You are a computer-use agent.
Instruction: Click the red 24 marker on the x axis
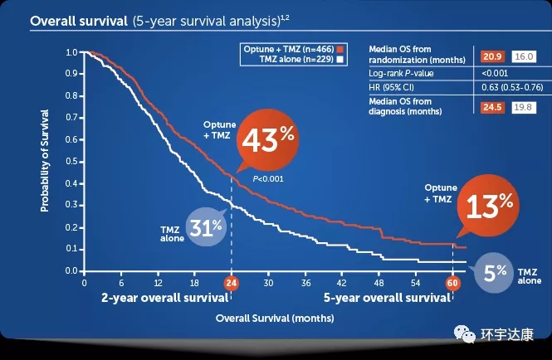pyautogui.click(x=232, y=283)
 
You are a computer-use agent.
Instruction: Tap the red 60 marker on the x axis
pyautogui.click(x=453, y=283)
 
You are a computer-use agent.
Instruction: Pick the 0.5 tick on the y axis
pyautogui.click(x=72, y=161)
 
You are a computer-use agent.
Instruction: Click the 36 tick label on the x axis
pyautogui.click(x=305, y=283)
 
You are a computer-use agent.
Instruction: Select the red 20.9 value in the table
pyautogui.click(x=492, y=57)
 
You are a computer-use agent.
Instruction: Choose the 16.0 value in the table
pyautogui.click(x=524, y=57)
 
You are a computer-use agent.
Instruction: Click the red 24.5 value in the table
pyautogui.click(x=492, y=106)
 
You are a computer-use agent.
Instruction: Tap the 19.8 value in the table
pyautogui.click(x=524, y=106)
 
